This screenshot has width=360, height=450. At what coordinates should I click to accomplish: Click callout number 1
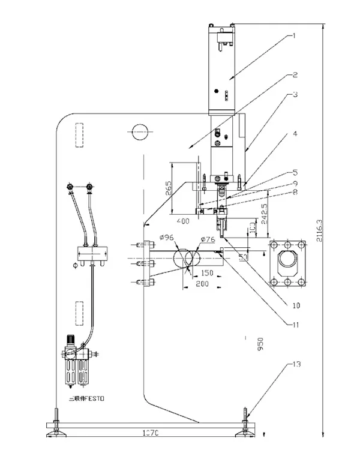294,35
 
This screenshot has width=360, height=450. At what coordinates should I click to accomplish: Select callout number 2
295,76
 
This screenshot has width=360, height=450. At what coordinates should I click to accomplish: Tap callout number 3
295,94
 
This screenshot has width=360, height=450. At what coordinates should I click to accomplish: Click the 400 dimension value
184,221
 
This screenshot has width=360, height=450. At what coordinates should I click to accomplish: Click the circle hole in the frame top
139,130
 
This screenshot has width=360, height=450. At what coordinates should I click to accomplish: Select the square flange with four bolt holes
289,263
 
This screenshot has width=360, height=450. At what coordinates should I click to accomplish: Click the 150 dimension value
208,273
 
